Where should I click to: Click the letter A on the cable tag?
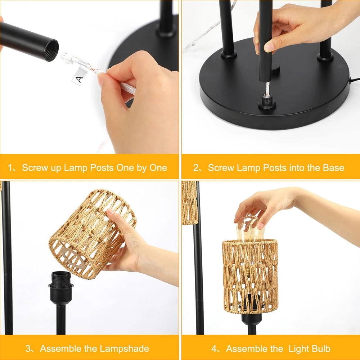click(x=79, y=80)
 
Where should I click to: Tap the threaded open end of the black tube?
click(x=51, y=50)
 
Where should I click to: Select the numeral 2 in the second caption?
click(x=195, y=168)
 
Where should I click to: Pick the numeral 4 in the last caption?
click(x=214, y=349)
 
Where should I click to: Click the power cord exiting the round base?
click(x=354, y=80)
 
